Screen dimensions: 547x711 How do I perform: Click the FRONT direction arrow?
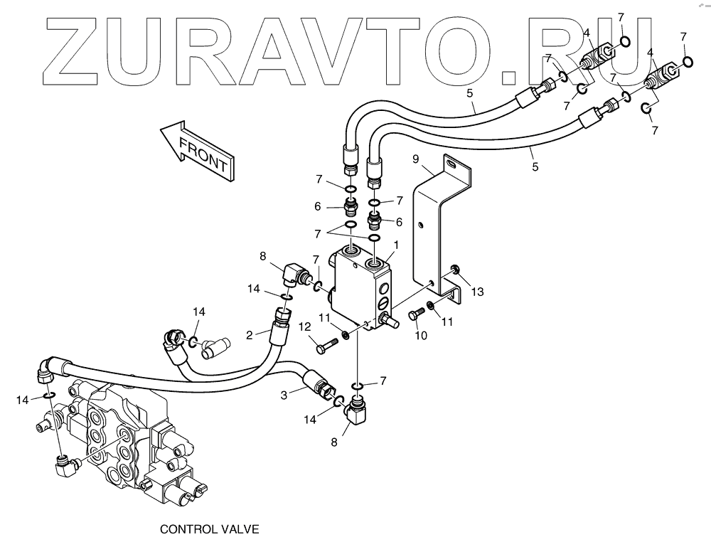tap(196, 150)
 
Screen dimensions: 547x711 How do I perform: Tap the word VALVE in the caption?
tap(239, 529)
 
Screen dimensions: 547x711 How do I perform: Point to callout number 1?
tap(395, 245)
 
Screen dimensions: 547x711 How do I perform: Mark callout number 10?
tap(421, 335)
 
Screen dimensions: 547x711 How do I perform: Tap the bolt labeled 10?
tap(415, 317)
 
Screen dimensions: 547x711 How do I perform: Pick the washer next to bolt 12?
tap(345, 334)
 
